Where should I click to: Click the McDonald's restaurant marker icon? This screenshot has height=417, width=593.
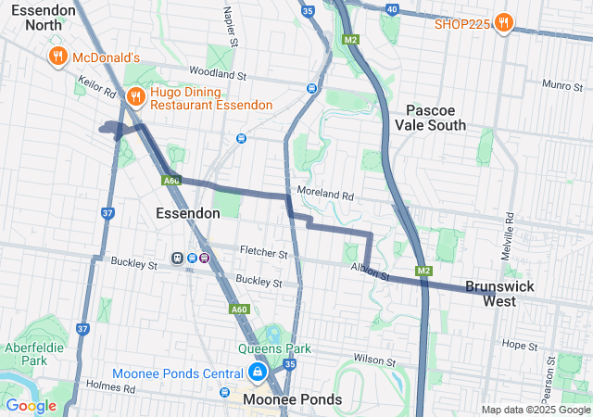coord(57,57)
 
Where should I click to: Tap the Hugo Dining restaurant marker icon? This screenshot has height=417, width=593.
coord(135,95)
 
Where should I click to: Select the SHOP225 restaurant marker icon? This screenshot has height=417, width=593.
coord(503,22)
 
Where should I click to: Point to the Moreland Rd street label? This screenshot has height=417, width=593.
coord(326,196)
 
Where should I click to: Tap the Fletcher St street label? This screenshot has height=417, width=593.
coord(264,252)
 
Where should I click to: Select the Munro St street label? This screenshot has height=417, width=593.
coord(559,84)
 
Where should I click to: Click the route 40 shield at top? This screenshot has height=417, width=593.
coord(392,8)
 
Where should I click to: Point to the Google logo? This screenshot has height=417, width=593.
coord(31,405)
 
